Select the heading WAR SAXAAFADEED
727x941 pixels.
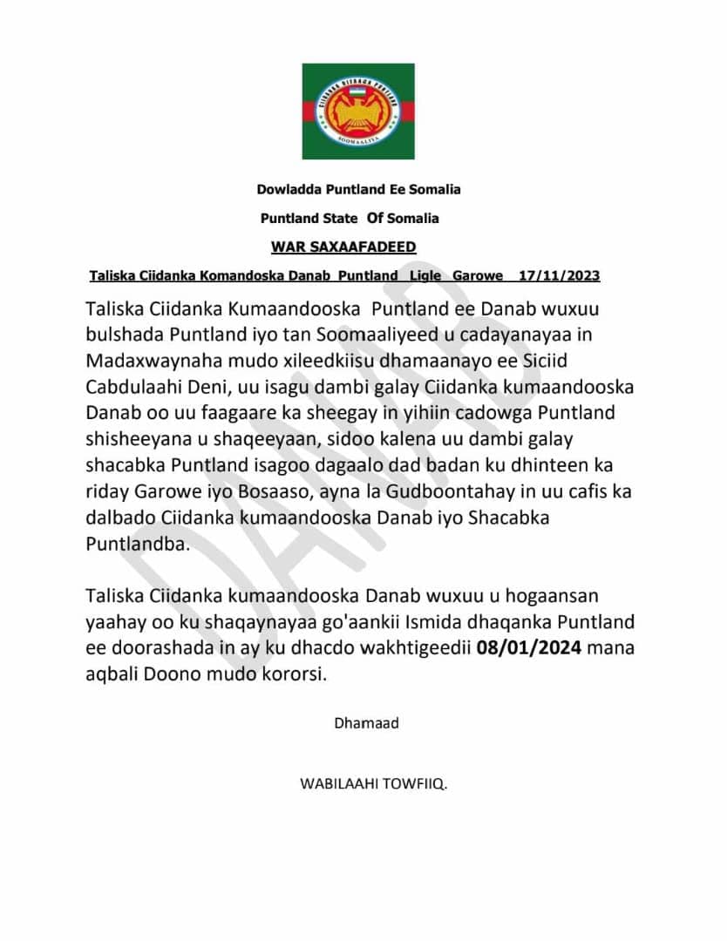click(343, 247)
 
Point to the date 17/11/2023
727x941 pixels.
click(559, 276)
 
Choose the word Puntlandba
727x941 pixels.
click(138, 543)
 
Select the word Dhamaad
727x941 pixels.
click(366, 722)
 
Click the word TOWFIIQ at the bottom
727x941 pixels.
click(408, 784)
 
